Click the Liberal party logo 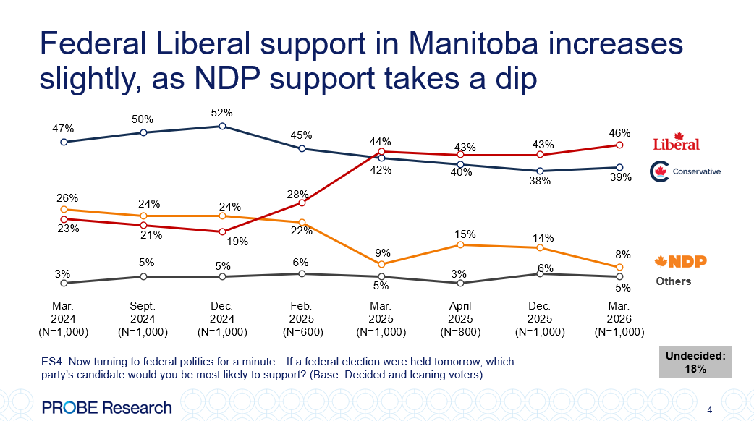coord(677,143)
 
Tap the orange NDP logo coord(680,262)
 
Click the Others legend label coord(673,281)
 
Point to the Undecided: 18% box coord(695,362)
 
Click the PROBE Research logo coord(107,407)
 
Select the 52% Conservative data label coord(222,113)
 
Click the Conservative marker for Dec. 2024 coord(222,126)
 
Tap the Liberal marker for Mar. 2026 coord(619,145)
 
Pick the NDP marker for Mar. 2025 coord(381,265)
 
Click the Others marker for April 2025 coord(460,283)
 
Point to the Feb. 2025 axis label coord(301,319)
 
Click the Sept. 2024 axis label coord(143,319)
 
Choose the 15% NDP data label coord(465,234)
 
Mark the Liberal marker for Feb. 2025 coord(302,203)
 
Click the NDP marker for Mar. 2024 coord(64,209)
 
